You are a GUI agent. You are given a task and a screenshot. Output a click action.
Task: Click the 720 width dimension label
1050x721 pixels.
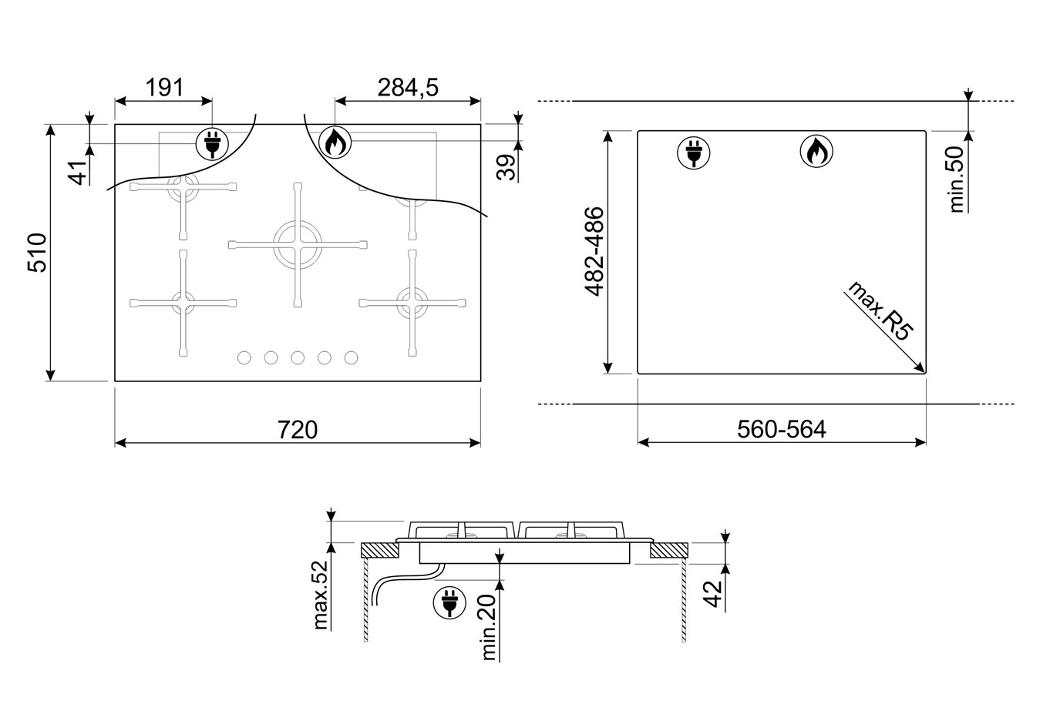(x=298, y=430)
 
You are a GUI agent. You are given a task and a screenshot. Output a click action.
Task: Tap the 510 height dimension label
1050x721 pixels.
(x=38, y=253)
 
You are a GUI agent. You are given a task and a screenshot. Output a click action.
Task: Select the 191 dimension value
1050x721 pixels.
(x=164, y=88)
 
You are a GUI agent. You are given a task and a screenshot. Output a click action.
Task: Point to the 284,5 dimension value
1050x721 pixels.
(x=408, y=88)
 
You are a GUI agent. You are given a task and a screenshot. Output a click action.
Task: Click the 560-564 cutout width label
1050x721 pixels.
(x=782, y=430)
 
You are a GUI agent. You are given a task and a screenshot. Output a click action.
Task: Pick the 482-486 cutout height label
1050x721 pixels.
(x=594, y=252)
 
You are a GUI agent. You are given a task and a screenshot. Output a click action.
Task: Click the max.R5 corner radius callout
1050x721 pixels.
(x=880, y=311)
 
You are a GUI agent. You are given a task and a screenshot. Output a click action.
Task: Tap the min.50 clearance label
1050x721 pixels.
(x=957, y=179)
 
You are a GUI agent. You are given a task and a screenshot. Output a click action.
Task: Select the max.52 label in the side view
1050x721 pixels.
(x=321, y=595)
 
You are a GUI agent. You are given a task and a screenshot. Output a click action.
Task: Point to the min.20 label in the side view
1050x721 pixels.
(x=489, y=628)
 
